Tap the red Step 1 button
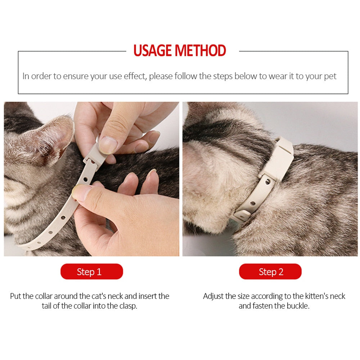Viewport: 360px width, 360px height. pos(91,271)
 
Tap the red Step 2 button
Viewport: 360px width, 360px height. pos(270,271)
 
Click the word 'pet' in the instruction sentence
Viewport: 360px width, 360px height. pos(330,76)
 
